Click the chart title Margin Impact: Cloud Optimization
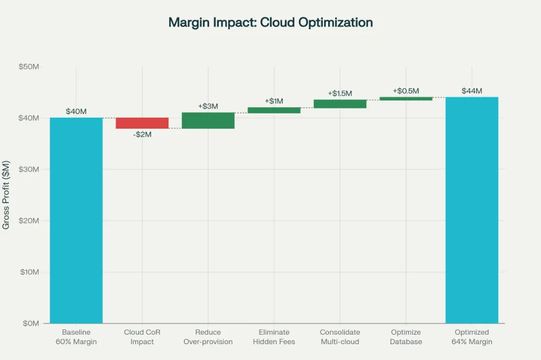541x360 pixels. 270,23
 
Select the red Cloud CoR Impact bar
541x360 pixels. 142,123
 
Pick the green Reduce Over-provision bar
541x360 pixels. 208,120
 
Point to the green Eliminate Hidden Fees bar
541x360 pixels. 274,110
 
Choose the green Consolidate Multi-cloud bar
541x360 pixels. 340,104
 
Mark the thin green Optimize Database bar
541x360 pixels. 406,99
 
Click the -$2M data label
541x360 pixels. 142,135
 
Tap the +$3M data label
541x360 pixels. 208,106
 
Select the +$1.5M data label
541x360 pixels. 340,93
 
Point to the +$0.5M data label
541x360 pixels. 406,91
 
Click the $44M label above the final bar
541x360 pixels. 472,91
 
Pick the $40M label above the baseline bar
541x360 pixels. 76,111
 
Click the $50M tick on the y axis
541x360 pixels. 29,67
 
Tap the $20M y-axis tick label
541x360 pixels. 29,221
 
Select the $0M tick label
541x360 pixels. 31,323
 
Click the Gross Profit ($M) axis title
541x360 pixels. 6,195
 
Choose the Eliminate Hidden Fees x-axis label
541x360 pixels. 274,337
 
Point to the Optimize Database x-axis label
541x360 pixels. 406,337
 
